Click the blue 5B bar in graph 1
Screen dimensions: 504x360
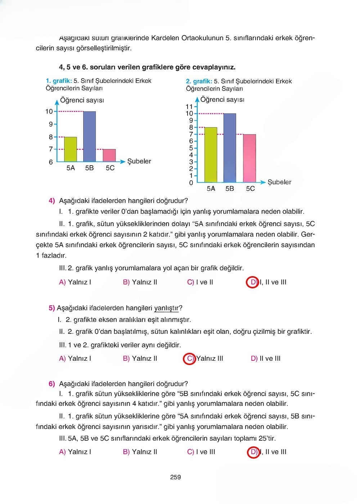(89, 136)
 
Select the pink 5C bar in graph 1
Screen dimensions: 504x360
(109, 155)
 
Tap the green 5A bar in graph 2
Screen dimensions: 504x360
(211, 155)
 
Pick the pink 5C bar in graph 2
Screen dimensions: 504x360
(249, 158)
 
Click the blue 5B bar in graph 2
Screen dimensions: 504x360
(230, 148)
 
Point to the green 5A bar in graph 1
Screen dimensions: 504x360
(71, 149)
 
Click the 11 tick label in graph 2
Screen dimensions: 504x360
(189, 107)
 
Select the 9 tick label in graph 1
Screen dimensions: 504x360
(51, 124)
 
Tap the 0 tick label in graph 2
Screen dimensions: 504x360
(191, 183)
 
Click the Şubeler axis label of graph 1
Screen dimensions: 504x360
(139, 161)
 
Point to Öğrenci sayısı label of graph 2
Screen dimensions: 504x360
(222, 100)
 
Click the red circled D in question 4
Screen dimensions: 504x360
(253, 282)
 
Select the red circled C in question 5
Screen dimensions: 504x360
(189, 359)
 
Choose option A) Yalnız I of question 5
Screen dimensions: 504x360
(75, 359)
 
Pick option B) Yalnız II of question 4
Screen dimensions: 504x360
(140, 282)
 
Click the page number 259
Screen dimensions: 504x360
(175, 477)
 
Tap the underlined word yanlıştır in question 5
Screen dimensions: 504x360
(166, 308)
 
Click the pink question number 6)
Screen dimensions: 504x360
(52, 384)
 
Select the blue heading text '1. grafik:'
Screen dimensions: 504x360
(59, 81)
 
